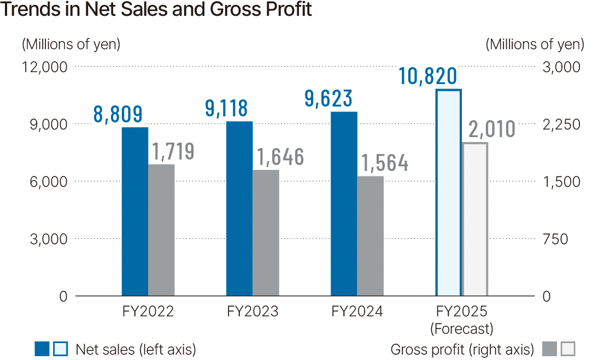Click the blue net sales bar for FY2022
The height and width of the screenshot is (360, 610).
click(134, 212)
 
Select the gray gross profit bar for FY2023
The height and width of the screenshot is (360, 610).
click(266, 233)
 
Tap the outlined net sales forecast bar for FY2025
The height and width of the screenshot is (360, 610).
click(448, 193)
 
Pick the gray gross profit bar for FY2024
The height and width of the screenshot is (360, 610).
click(370, 236)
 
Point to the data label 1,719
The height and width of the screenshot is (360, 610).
click(173, 151)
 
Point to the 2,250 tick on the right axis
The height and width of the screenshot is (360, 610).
click(561, 125)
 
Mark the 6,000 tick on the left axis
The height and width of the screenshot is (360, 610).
click(46, 182)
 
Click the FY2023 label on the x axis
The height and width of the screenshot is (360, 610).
click(253, 312)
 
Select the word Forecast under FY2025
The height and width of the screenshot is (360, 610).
click(462, 329)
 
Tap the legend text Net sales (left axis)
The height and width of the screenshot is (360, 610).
click(136, 349)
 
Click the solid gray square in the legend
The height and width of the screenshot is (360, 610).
click(550, 349)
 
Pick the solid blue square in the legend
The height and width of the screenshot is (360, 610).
click(42, 349)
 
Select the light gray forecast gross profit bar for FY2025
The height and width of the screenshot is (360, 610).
click(475, 219)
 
